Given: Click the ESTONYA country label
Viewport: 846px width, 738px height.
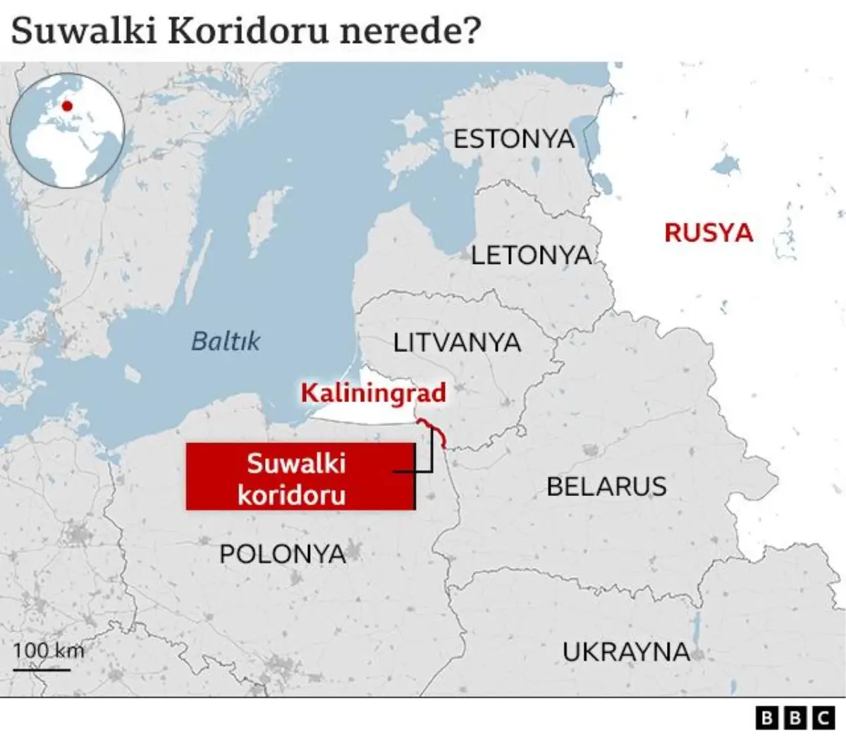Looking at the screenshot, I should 514,139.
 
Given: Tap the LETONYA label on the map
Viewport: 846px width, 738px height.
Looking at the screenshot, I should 532,255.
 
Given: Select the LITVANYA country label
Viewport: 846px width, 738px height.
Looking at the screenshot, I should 457,343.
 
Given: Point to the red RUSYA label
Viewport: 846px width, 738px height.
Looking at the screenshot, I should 709,233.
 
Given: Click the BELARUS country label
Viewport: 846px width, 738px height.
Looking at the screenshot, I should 606,486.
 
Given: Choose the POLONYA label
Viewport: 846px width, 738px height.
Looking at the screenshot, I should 283,554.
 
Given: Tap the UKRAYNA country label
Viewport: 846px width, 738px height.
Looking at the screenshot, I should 626,651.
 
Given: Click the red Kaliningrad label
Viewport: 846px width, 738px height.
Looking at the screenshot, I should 374,392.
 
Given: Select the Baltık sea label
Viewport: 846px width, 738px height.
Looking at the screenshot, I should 226,341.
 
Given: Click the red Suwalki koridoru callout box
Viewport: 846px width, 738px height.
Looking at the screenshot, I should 299,477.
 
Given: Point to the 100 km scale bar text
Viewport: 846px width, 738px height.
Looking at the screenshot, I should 48,650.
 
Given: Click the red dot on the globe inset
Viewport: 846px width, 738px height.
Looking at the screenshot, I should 67,107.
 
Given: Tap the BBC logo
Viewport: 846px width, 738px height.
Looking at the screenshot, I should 795,718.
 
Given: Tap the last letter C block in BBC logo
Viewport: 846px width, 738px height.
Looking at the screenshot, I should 823,718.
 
